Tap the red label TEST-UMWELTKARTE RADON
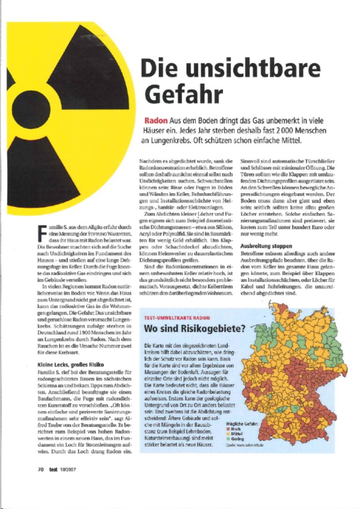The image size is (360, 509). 176,318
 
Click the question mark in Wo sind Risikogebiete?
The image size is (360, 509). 243,329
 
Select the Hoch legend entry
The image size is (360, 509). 234,428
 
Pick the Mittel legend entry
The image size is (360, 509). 235,433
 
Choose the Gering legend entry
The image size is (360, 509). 236,438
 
